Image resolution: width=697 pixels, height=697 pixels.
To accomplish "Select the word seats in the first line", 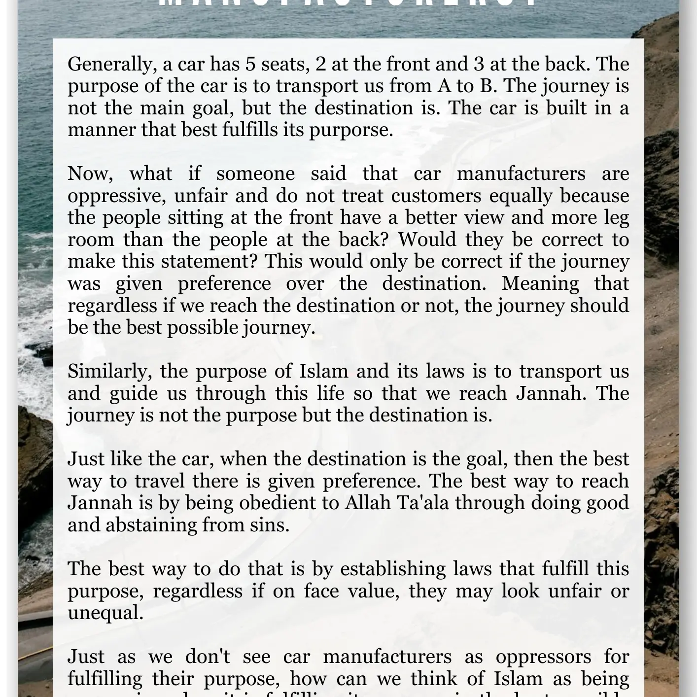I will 283,65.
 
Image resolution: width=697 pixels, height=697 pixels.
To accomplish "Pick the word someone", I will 255,174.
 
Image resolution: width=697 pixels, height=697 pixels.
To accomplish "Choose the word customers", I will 436,196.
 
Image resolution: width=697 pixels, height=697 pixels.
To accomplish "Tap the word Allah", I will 365,503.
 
